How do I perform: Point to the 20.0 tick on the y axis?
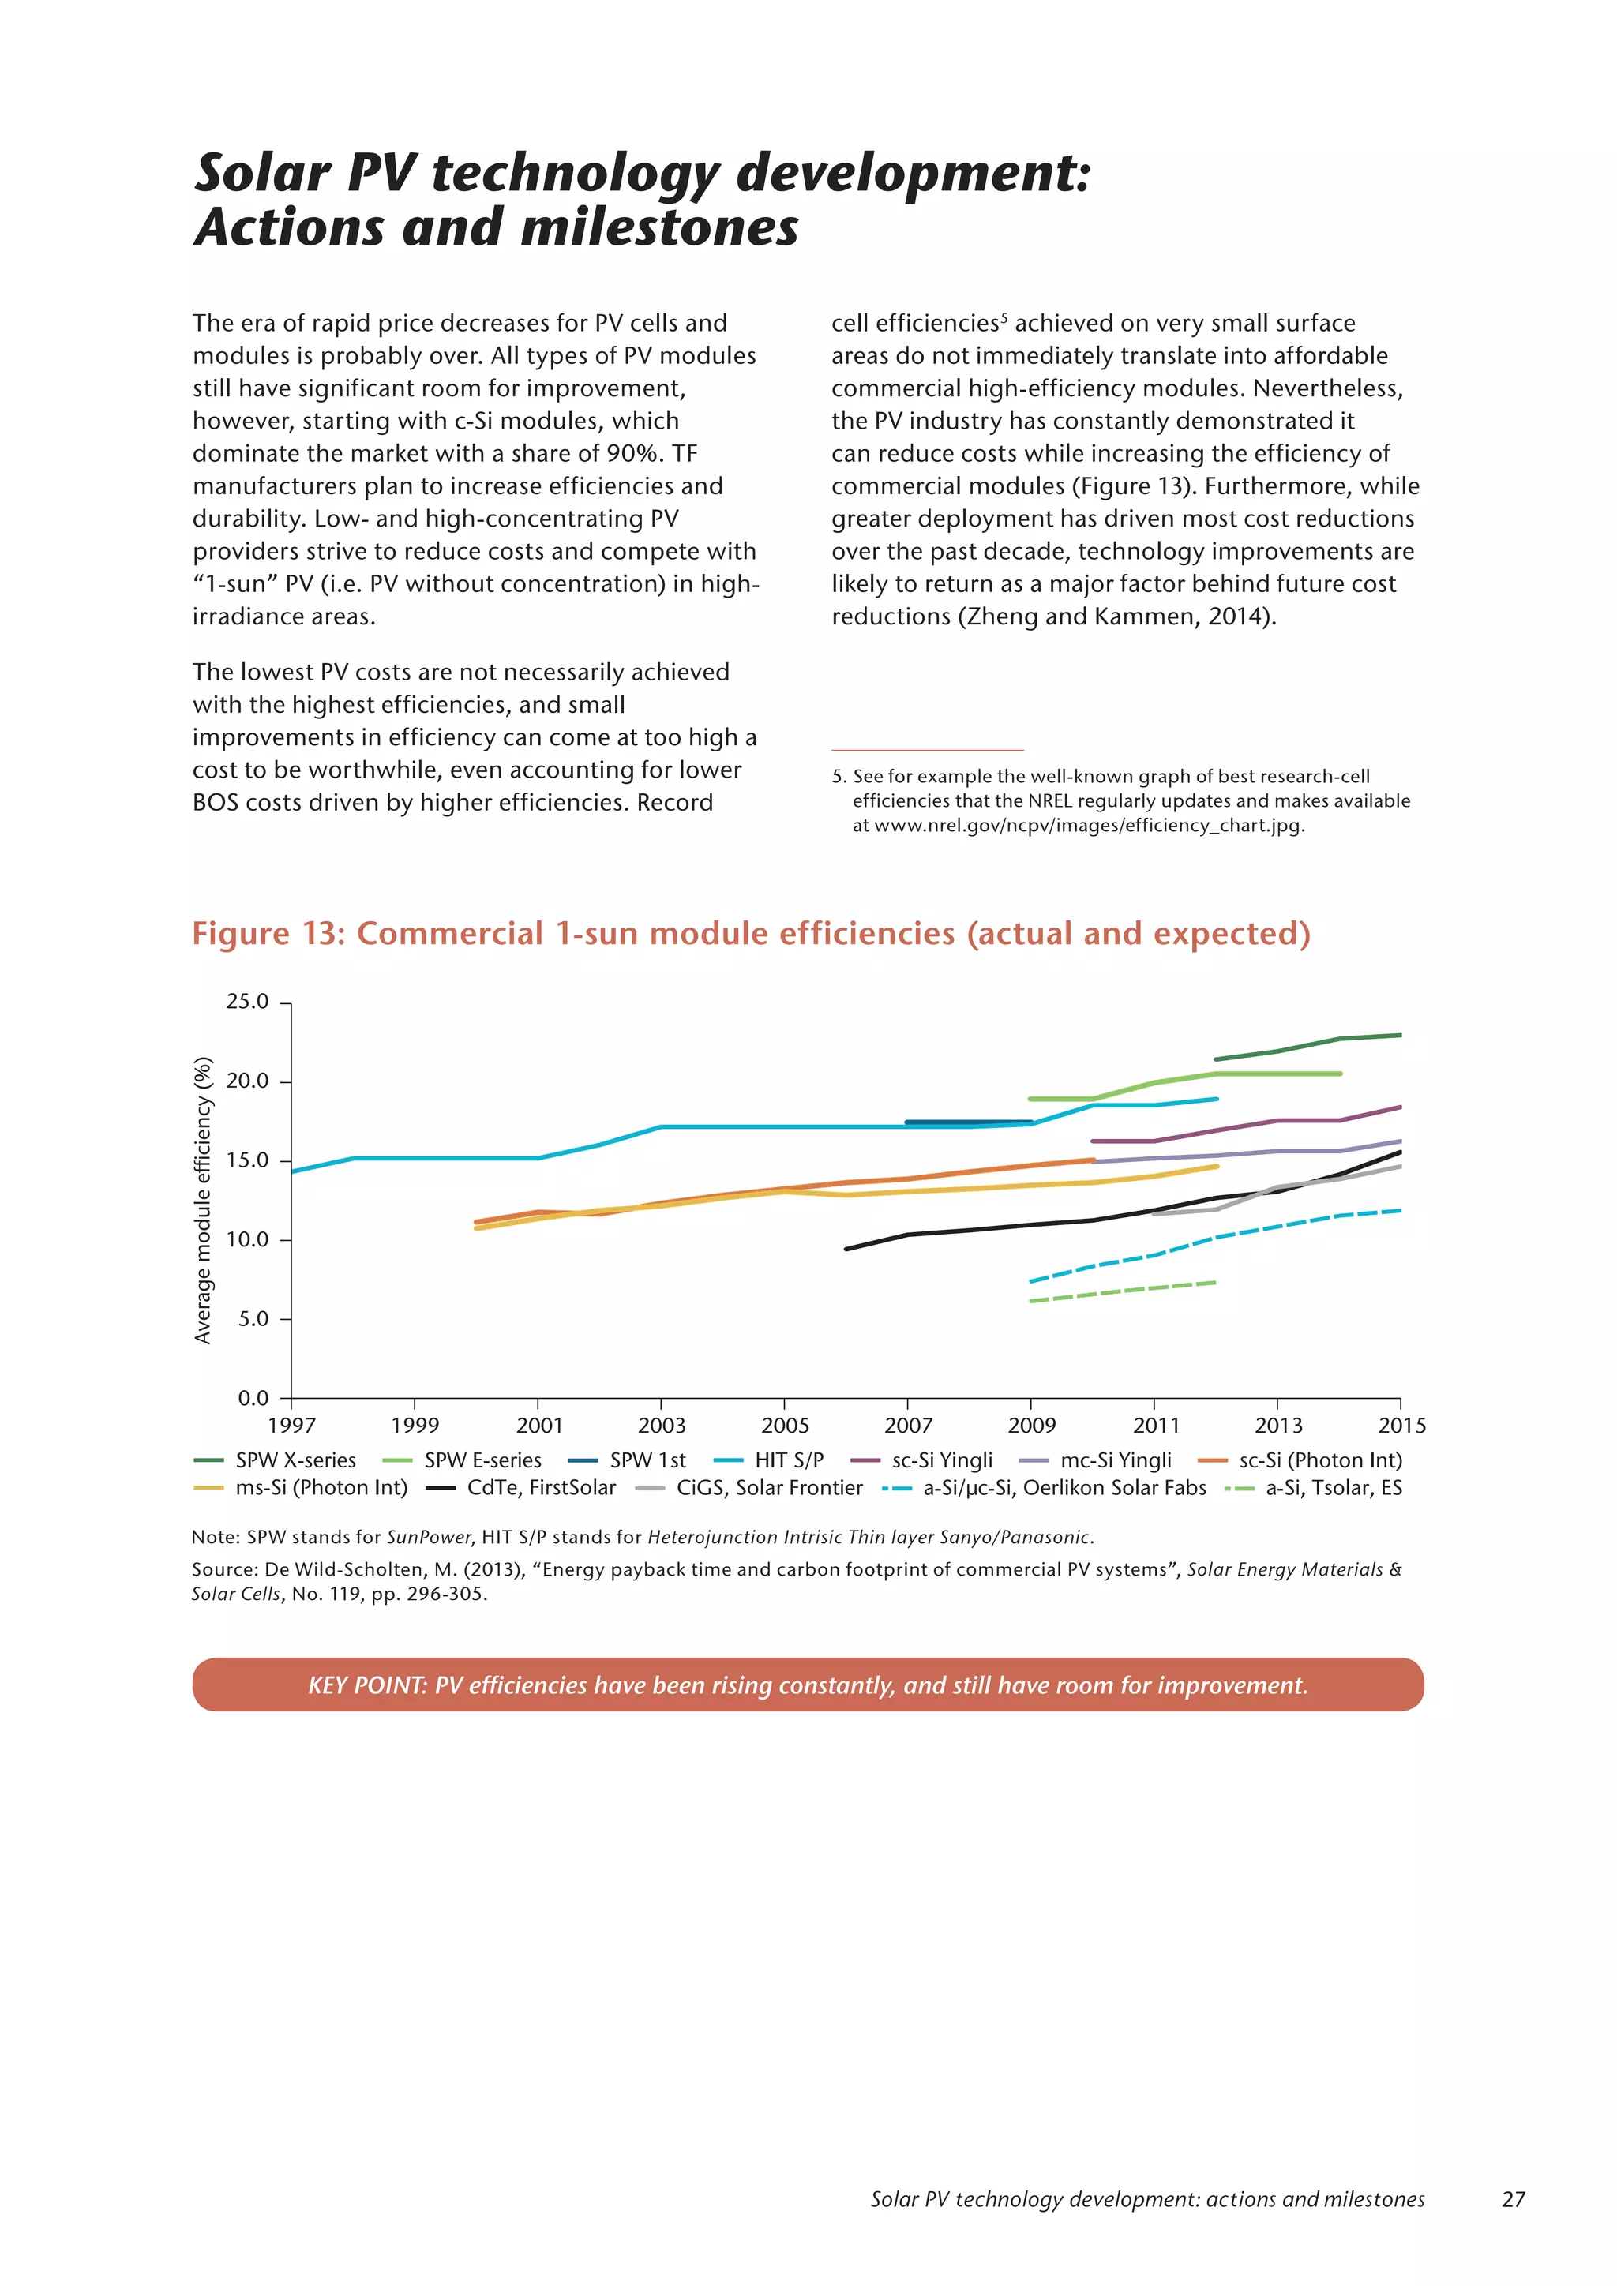[x=247, y=1081]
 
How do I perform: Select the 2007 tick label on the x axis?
[x=907, y=1426]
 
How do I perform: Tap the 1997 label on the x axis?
[x=291, y=1426]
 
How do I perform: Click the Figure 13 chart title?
[x=751, y=934]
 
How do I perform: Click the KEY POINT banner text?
[x=808, y=1685]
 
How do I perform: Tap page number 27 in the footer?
[x=1513, y=2199]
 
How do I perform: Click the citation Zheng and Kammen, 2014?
[x=1116, y=616]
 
